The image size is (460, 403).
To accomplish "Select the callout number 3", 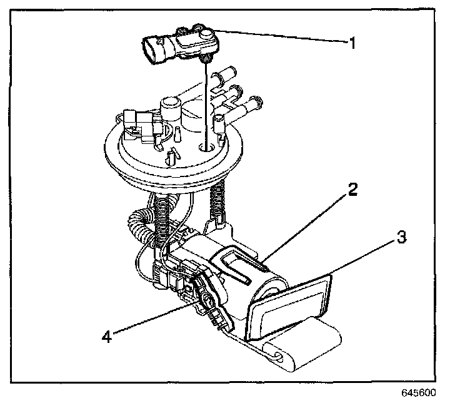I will coord(402,238).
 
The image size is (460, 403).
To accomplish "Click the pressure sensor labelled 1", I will coord(181,44).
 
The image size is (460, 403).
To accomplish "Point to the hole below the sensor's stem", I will coord(206,149).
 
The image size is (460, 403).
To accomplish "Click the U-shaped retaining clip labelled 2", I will coord(240,262).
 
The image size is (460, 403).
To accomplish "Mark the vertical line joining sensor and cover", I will coord(204,103).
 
